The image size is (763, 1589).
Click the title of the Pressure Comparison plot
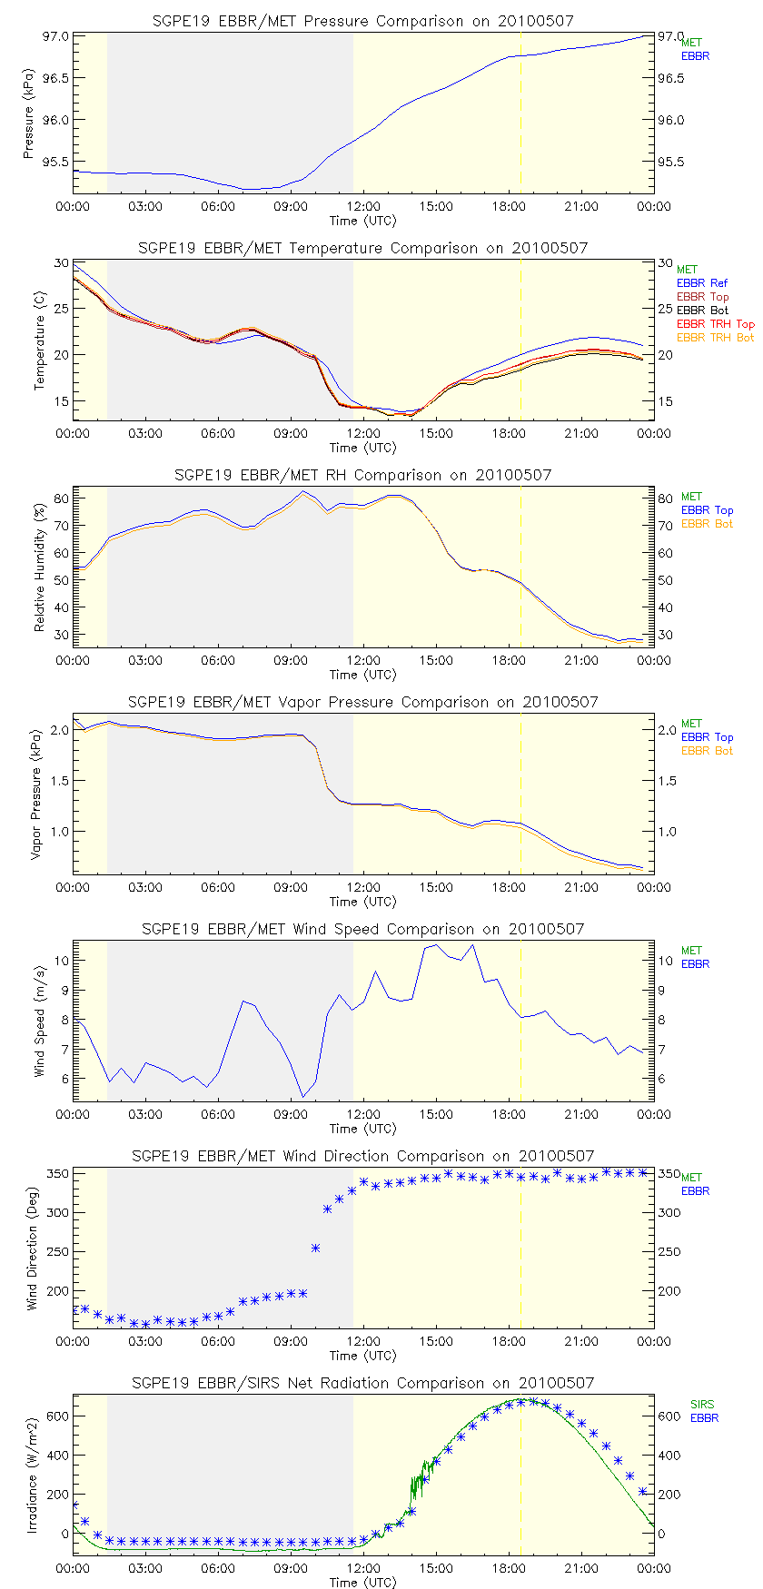[362, 21]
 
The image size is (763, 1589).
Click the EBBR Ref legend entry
[702, 283]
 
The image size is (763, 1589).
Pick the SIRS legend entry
[702, 1405]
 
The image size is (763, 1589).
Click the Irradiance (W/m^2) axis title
[32, 1476]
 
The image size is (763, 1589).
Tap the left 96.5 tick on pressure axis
[56, 78]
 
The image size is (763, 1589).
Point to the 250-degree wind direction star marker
[315, 1248]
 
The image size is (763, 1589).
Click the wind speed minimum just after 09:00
[303, 1097]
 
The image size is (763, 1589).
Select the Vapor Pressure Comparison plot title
[362, 702]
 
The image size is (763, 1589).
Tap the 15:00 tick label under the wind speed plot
[436, 1114]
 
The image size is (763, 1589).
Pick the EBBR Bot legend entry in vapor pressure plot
[707, 751]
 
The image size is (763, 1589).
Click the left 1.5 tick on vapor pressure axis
[59, 781]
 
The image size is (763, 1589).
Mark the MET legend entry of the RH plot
[691, 497]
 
